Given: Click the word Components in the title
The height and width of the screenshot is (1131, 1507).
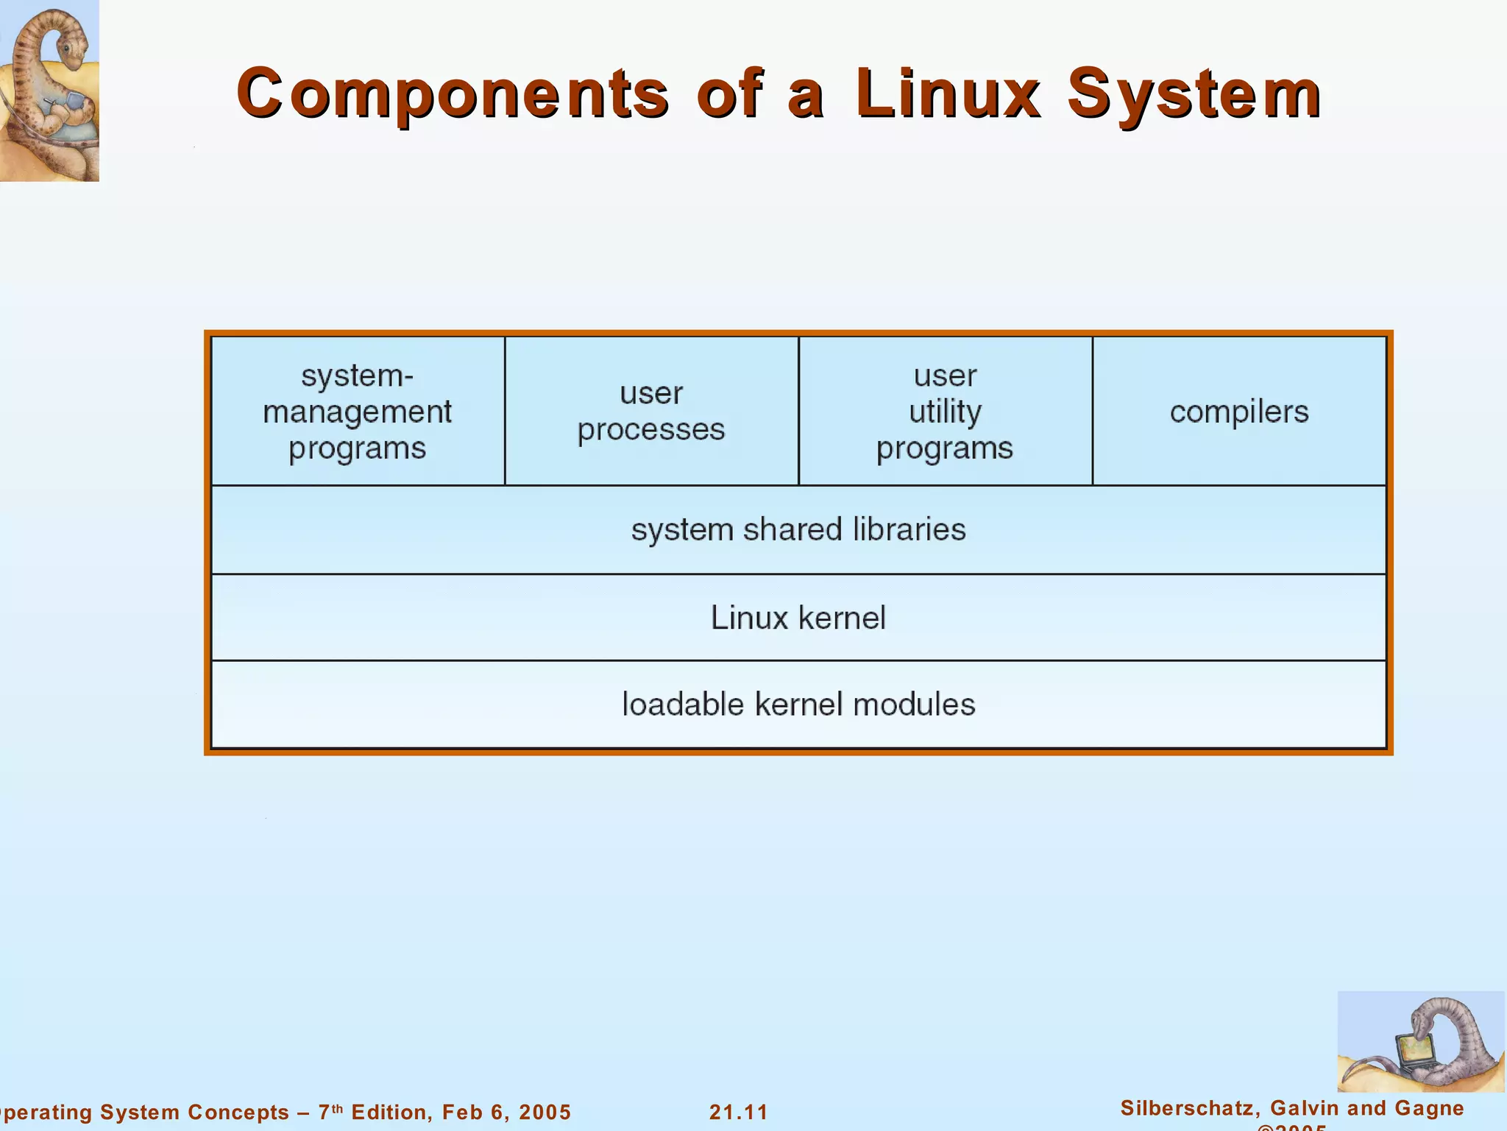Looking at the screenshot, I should coord(453,94).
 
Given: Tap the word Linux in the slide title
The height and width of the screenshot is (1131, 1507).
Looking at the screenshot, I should coord(948,94).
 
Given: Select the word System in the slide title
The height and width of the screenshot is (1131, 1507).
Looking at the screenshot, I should coord(1194,94).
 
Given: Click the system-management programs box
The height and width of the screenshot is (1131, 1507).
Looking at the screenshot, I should coord(358,411).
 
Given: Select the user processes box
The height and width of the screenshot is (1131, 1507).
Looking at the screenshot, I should coord(651,411).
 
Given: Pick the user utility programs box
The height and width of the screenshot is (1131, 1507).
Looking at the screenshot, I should coord(945,411).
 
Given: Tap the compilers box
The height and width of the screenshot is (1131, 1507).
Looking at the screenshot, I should coord(1239,411).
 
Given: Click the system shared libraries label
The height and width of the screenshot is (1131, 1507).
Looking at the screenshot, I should coord(798,529).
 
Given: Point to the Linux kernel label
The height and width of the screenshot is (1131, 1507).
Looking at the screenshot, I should coord(798,617).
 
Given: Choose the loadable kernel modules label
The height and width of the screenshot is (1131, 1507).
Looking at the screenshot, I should coord(798,705).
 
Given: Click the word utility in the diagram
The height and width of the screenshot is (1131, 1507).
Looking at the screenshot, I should coord(945,412).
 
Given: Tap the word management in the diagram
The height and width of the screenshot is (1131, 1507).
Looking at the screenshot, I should coord(358,412).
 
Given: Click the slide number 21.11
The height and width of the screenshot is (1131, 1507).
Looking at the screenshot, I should coord(738,1112).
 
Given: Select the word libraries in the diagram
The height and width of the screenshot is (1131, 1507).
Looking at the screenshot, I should coord(909,529).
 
